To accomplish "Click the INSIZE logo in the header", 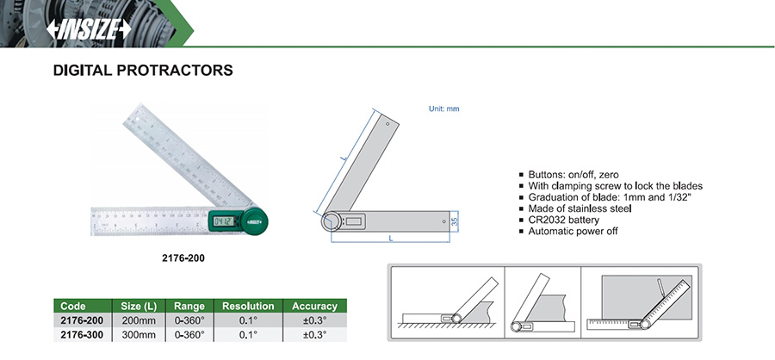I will click(88, 28).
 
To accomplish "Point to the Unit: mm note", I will click(444, 109).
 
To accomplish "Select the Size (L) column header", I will click(138, 306).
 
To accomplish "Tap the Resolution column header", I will click(248, 306).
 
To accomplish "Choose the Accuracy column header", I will click(314, 306).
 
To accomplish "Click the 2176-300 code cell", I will click(83, 334).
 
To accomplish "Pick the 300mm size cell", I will click(138, 334).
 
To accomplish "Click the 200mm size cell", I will click(138, 320).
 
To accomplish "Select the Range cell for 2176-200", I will click(189, 320).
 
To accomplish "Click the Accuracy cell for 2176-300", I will click(314, 334).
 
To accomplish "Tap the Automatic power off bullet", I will click(573, 231).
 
